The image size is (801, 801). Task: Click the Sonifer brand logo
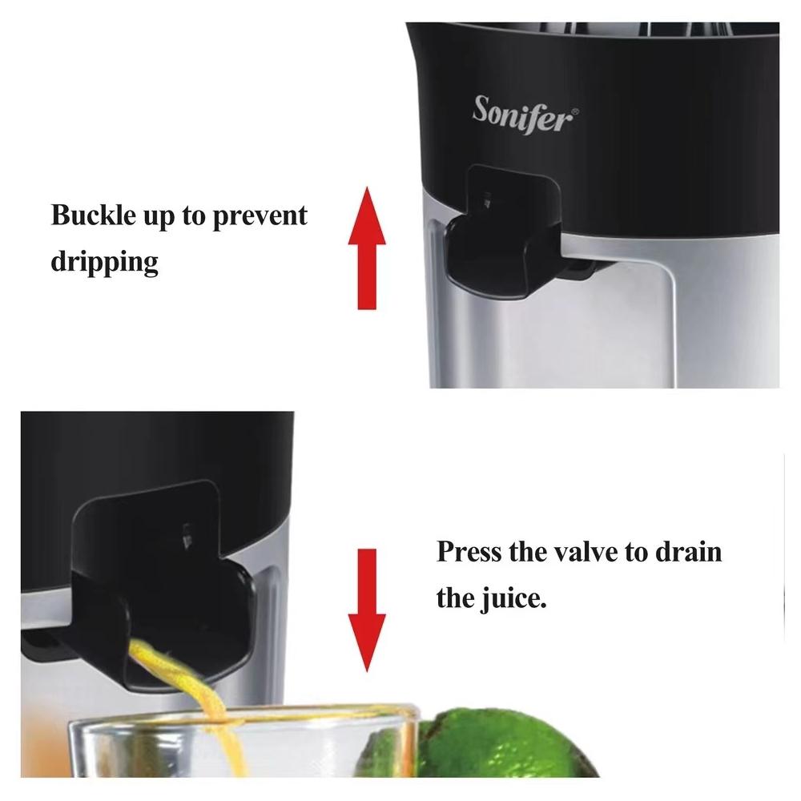[525, 115]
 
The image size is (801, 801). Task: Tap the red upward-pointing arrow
[367, 248]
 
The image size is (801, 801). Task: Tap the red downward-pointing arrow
[367, 610]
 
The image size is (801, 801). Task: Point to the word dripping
[104, 263]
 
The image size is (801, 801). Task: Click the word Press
[469, 552]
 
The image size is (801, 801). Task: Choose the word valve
[586, 552]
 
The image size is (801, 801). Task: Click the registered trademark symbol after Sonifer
[575, 111]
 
